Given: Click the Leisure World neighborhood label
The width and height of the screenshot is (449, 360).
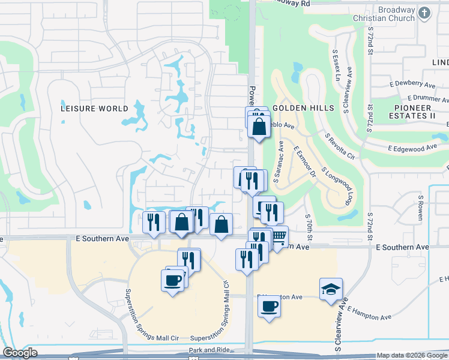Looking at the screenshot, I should [x=95, y=109].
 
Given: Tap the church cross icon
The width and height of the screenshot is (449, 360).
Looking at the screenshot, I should [x=424, y=13].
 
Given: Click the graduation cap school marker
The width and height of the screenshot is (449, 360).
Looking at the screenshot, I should [x=331, y=290].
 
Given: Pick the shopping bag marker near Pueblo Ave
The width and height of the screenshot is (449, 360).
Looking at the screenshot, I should [x=259, y=127].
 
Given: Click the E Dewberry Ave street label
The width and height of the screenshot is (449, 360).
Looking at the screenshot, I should [x=412, y=85].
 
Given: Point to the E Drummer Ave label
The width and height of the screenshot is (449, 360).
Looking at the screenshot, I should [x=429, y=97].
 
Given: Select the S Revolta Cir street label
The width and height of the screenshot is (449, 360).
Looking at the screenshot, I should [x=340, y=146].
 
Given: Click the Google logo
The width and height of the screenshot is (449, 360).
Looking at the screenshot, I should [x=20, y=352].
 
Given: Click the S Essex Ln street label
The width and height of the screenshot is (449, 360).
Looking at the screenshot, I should [x=336, y=66].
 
